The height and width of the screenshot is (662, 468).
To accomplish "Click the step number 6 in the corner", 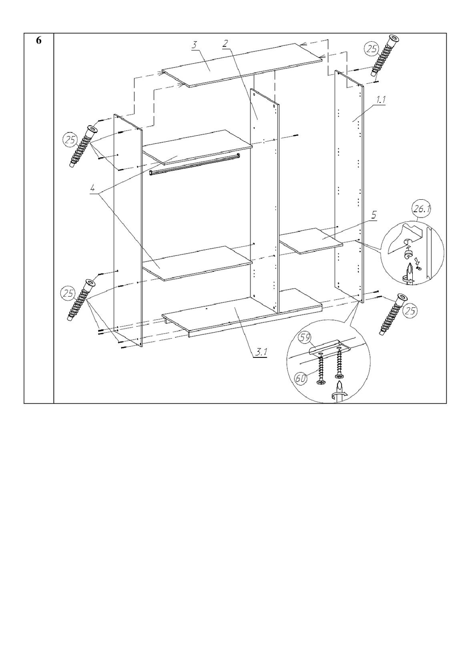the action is [39, 41].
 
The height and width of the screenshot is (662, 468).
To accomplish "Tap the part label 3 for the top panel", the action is [194, 45].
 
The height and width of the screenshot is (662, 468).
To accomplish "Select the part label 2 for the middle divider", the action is [225, 44].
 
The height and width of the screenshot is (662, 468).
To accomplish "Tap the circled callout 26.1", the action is [421, 211].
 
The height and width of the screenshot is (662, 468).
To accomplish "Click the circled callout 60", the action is [301, 378].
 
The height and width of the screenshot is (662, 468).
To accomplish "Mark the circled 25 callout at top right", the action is [372, 49].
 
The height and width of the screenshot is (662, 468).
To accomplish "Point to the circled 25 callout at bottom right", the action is [410, 310].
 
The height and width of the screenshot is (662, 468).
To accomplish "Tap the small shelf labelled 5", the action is [311, 240].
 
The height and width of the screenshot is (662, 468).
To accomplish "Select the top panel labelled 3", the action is [242, 65].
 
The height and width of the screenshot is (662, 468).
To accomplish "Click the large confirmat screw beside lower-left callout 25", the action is [79, 299].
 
